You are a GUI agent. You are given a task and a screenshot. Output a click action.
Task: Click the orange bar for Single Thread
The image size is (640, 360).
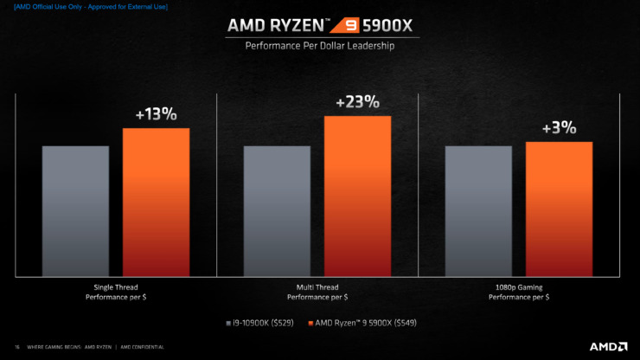[156, 202]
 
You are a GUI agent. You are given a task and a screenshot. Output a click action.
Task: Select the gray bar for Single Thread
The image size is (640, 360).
[75, 210]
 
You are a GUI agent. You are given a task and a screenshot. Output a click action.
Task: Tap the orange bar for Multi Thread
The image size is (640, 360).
[357, 196]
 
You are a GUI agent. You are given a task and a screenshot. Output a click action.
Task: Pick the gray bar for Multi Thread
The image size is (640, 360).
[277, 210]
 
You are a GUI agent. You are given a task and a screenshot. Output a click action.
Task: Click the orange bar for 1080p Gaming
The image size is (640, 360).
[559, 209]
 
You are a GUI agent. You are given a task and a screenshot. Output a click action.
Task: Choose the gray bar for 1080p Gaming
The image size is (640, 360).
[478, 210]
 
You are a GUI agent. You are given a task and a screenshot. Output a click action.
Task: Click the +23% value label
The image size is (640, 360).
[357, 102]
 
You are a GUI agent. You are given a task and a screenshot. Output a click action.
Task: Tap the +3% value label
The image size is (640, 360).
[559, 128]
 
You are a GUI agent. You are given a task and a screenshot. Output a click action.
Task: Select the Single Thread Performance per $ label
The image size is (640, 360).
[116, 292]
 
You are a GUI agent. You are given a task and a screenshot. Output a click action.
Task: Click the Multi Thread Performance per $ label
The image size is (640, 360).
[317, 292]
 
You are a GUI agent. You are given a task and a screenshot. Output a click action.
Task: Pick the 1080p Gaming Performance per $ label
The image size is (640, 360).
[519, 292]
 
